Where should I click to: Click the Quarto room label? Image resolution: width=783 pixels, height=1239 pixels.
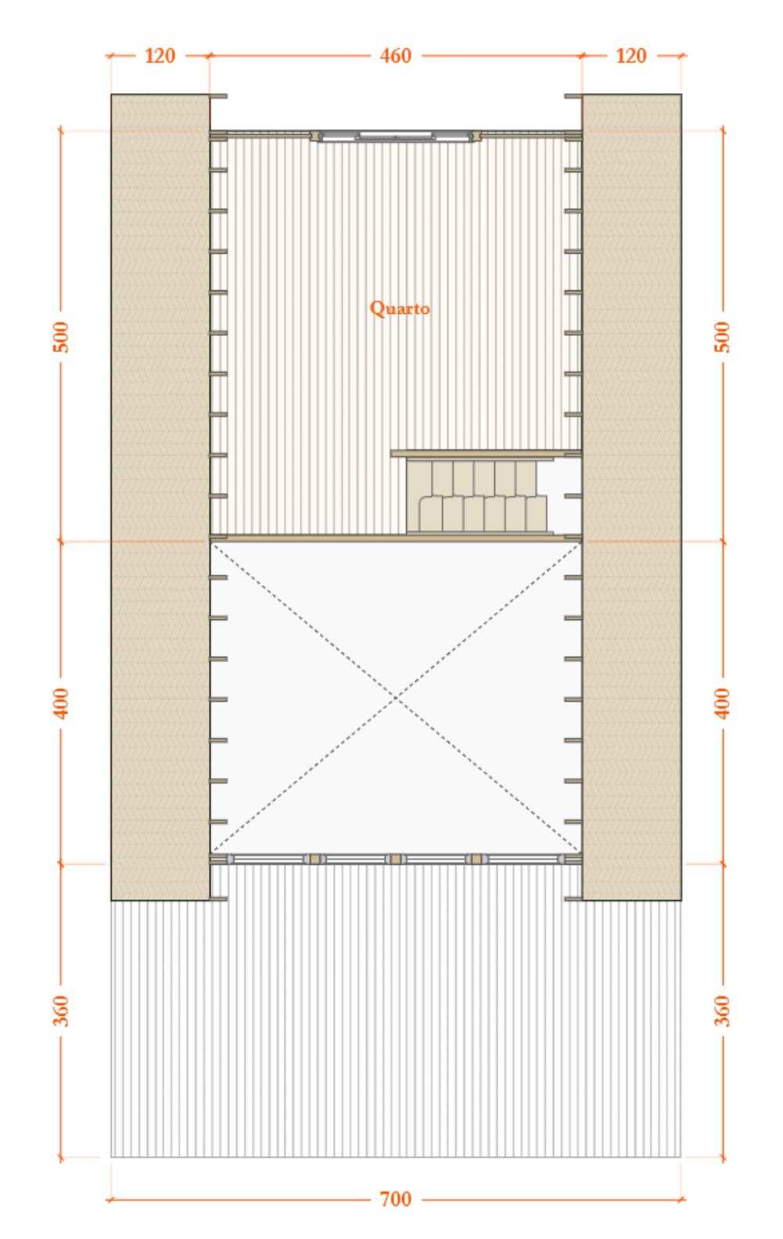pyautogui.click(x=400, y=308)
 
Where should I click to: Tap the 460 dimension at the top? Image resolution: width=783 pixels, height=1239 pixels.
pyautogui.click(x=395, y=56)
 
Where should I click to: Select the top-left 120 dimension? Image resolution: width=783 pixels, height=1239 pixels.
pyautogui.click(x=160, y=56)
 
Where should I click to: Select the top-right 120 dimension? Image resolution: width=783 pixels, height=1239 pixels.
pyautogui.click(x=630, y=56)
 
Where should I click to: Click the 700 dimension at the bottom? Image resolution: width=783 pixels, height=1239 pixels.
pyautogui.click(x=395, y=1199)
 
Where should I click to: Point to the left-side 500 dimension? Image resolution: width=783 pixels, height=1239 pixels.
pyautogui.click(x=61, y=337)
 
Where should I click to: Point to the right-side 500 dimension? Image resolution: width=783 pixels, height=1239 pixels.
pyautogui.click(x=723, y=337)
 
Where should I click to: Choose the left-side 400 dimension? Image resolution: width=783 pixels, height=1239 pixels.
pyautogui.click(x=61, y=703)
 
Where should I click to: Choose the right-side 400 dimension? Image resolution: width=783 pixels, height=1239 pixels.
pyautogui.click(x=723, y=703)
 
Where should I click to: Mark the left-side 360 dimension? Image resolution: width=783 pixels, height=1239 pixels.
pyautogui.click(x=61, y=1010)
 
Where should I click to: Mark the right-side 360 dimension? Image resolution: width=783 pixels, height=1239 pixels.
pyautogui.click(x=723, y=1010)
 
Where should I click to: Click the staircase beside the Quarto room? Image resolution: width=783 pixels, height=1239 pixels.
pyautogui.click(x=477, y=495)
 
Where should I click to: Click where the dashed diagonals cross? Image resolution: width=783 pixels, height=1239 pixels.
pyautogui.click(x=397, y=697)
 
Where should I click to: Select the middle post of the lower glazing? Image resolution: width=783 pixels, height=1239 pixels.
pyautogui.click(x=396, y=859)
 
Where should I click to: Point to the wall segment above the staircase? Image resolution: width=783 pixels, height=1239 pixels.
pyautogui.click(x=485, y=453)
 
